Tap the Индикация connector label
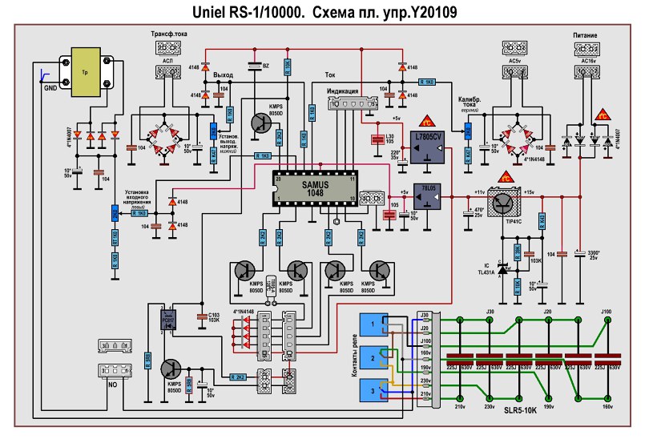point(347,91)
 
